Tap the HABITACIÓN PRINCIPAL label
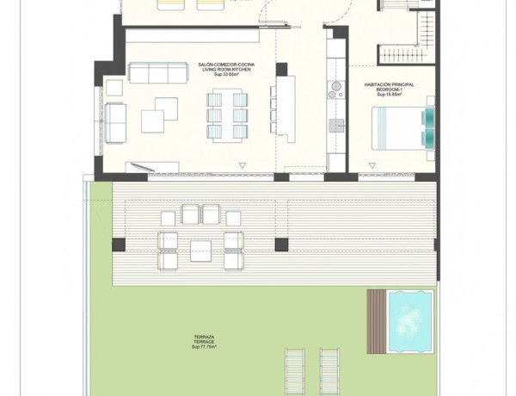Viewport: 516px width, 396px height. [390, 84]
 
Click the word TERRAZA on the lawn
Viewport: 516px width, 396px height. [204, 336]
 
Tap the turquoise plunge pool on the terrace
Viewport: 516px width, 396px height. [409, 322]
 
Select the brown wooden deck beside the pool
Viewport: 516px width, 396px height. [375, 322]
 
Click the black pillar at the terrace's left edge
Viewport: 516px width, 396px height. [119, 244]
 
